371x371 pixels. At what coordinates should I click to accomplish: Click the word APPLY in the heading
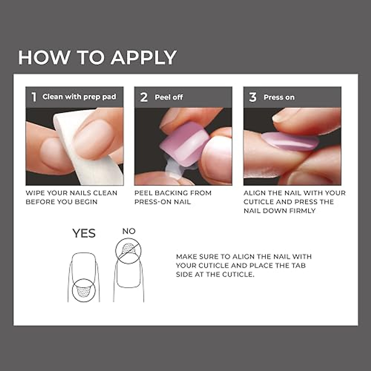[144, 58]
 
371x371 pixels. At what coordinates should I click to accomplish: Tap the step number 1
[34, 97]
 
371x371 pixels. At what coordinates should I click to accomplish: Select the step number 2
[144, 97]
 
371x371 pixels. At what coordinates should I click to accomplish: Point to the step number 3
[253, 97]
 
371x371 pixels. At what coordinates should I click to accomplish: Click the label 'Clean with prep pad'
[79, 97]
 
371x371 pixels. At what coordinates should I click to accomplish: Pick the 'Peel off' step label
[168, 97]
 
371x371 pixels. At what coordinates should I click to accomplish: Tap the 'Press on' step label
[279, 97]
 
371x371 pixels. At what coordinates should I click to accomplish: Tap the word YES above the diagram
[84, 233]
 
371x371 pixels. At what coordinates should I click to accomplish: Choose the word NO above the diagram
[129, 231]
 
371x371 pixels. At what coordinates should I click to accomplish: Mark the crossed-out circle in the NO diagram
[128, 251]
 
